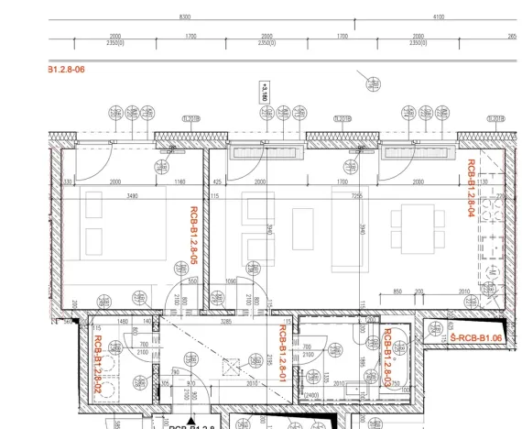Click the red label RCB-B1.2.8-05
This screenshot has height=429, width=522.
point(194,236)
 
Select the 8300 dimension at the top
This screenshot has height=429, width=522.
point(185,16)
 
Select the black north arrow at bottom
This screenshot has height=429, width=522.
point(166,420)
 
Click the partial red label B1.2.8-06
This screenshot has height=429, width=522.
point(66,69)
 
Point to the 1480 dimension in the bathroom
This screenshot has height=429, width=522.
point(122,322)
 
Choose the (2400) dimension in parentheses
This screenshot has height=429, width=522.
point(311,395)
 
